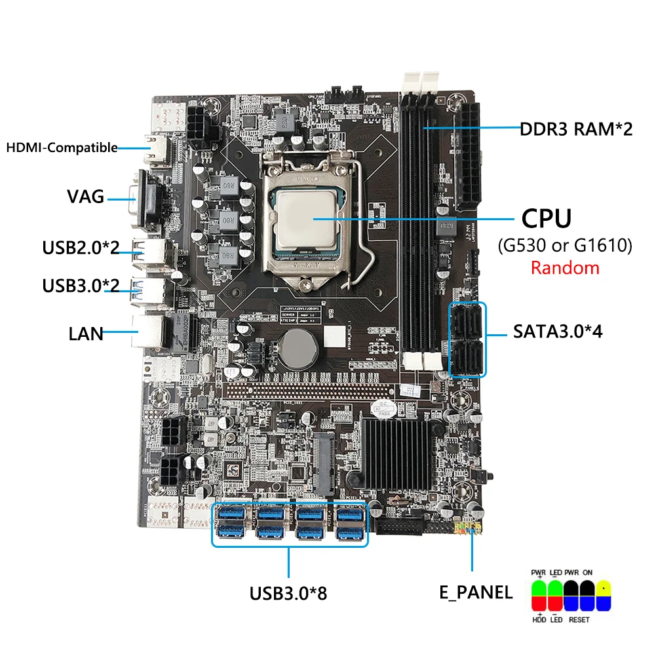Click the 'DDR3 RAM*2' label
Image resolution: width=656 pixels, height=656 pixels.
click(576, 129)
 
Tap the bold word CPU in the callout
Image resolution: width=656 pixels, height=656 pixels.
click(546, 219)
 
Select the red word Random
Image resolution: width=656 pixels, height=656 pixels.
click(565, 267)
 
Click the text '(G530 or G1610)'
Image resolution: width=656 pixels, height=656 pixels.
click(564, 246)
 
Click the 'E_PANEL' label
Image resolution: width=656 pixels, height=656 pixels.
click(476, 592)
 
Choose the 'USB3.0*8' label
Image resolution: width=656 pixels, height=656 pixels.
click(288, 594)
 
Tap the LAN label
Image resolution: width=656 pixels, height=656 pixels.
click(86, 334)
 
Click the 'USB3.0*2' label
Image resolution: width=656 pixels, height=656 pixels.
click(81, 287)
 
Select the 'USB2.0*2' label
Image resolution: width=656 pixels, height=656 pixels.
click(81, 248)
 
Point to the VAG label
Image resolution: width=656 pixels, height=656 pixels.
click(85, 196)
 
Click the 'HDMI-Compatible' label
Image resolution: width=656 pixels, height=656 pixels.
click(62, 147)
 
